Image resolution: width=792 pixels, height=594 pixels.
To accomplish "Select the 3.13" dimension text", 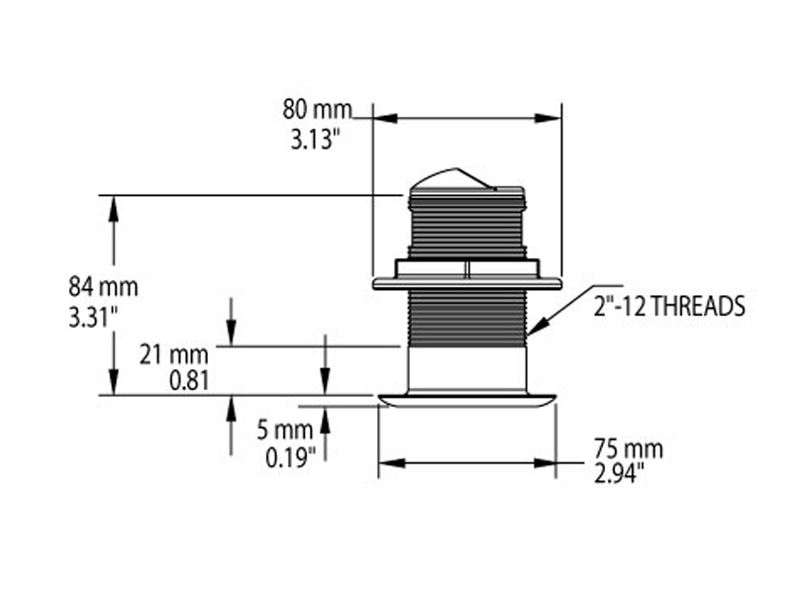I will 316,141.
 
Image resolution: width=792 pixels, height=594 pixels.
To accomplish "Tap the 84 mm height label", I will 103,288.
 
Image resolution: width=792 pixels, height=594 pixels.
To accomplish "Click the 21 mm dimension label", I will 173,354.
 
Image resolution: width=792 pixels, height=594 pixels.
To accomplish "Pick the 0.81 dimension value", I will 187,379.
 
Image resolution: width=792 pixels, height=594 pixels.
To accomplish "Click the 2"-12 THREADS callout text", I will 668,307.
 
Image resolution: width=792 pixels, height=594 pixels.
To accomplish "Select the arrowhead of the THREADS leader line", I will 533,331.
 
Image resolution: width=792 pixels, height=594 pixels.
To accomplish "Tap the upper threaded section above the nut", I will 466,226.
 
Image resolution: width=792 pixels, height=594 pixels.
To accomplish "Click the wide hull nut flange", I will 466,283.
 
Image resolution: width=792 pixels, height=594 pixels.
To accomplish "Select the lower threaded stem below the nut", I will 466,318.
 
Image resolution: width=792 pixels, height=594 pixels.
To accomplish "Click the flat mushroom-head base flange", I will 467,400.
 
